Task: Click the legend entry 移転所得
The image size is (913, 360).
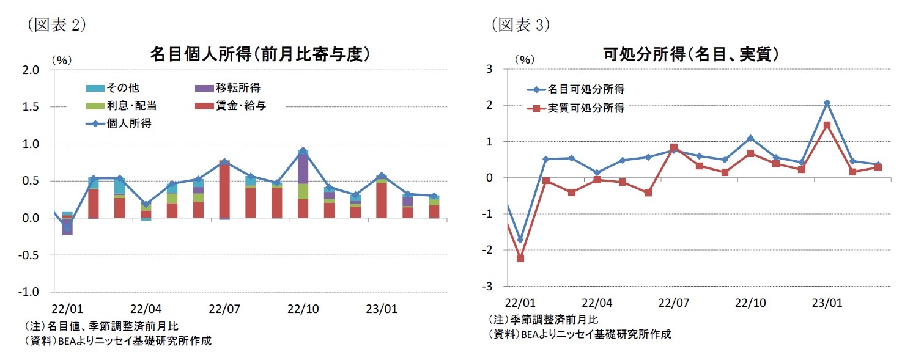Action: pyautogui.click(x=236, y=88)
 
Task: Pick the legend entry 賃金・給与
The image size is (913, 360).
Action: pyautogui.click(x=240, y=106)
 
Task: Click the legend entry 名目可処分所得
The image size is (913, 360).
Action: pyautogui.click(x=585, y=90)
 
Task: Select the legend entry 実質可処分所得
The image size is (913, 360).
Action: pyautogui.click(x=585, y=108)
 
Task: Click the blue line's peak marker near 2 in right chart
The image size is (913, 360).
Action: pyautogui.click(x=827, y=103)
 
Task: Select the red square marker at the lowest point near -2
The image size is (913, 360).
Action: pyautogui.click(x=520, y=259)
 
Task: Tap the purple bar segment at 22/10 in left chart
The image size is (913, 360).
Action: pyautogui.click(x=303, y=167)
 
